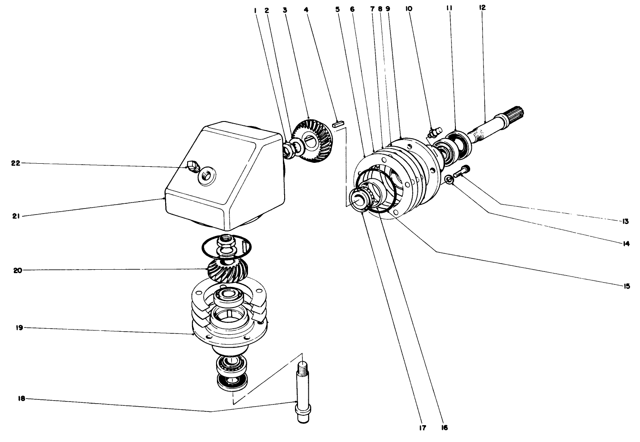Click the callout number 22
point(15,163)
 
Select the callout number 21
point(15,216)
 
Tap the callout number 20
point(17,271)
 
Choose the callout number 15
point(626,286)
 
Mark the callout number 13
point(625,221)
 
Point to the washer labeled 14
point(449,179)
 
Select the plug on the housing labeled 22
point(193,165)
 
